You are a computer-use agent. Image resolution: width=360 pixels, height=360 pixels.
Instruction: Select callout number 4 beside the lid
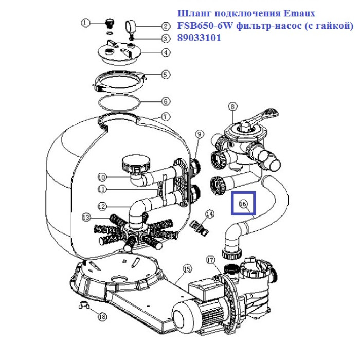pos(165,52)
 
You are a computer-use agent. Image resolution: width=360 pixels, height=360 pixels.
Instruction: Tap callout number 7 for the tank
pos(165,116)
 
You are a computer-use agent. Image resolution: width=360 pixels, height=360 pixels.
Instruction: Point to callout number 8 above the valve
pos(232,106)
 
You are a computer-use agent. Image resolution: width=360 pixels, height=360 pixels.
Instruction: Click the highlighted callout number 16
pos(243,204)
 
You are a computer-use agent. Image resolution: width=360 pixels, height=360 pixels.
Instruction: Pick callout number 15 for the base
pos(187,268)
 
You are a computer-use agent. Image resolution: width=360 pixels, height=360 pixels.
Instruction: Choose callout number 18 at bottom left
pos(102,317)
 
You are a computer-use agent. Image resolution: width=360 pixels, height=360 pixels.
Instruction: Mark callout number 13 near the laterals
pos(86,218)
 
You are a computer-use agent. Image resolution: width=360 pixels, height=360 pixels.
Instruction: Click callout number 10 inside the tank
pos(102,177)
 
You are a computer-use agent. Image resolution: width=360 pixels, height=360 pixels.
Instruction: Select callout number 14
pos(209,213)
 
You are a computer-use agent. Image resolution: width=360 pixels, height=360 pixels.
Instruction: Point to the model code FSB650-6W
pos(202,25)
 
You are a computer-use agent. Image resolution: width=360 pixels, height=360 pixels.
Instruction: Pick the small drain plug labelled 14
pos(200,226)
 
